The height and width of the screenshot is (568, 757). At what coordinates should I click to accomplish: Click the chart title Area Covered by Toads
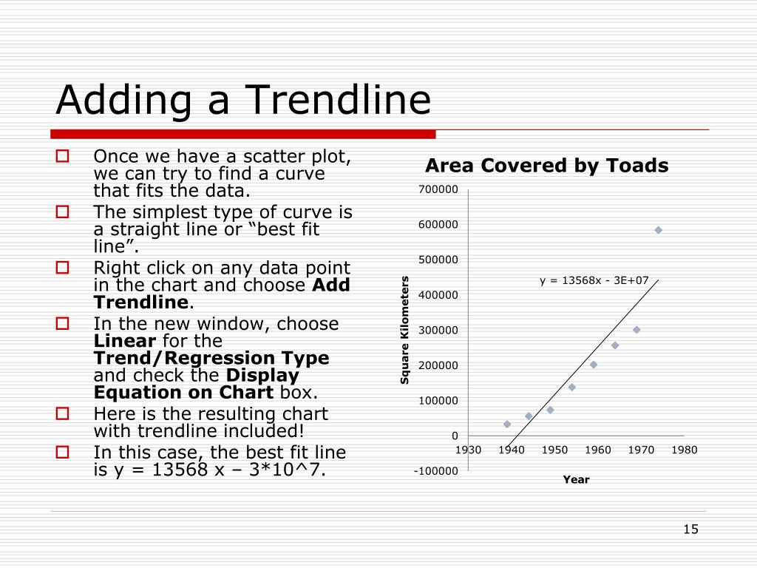546,166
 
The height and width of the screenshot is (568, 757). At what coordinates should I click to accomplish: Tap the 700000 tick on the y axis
438,189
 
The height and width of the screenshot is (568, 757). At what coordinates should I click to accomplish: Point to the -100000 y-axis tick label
436,471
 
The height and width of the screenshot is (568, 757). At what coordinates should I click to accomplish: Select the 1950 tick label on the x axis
554,450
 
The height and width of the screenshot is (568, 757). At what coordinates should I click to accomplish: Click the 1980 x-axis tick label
684,450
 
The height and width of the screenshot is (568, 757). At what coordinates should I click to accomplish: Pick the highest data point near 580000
658,231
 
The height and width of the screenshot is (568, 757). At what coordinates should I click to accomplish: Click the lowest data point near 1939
507,424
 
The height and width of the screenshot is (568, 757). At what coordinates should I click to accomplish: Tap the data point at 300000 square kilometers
637,330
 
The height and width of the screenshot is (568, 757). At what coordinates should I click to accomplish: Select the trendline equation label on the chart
594,280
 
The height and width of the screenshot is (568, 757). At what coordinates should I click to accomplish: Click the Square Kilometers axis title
404,330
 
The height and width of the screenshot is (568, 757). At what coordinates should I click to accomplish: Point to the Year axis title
576,479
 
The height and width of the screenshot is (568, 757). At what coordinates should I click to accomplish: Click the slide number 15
691,530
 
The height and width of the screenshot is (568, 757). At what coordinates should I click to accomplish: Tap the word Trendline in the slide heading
338,100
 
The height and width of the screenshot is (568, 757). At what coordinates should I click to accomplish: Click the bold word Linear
125,341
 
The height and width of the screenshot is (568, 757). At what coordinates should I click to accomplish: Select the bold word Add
331,285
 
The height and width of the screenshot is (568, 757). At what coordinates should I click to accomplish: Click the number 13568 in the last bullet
180,470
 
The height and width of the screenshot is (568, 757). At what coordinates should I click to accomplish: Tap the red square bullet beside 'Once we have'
63,155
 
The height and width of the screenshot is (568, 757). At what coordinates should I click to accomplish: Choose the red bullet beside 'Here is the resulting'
63,413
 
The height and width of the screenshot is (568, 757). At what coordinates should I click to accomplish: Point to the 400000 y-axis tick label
438,295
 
